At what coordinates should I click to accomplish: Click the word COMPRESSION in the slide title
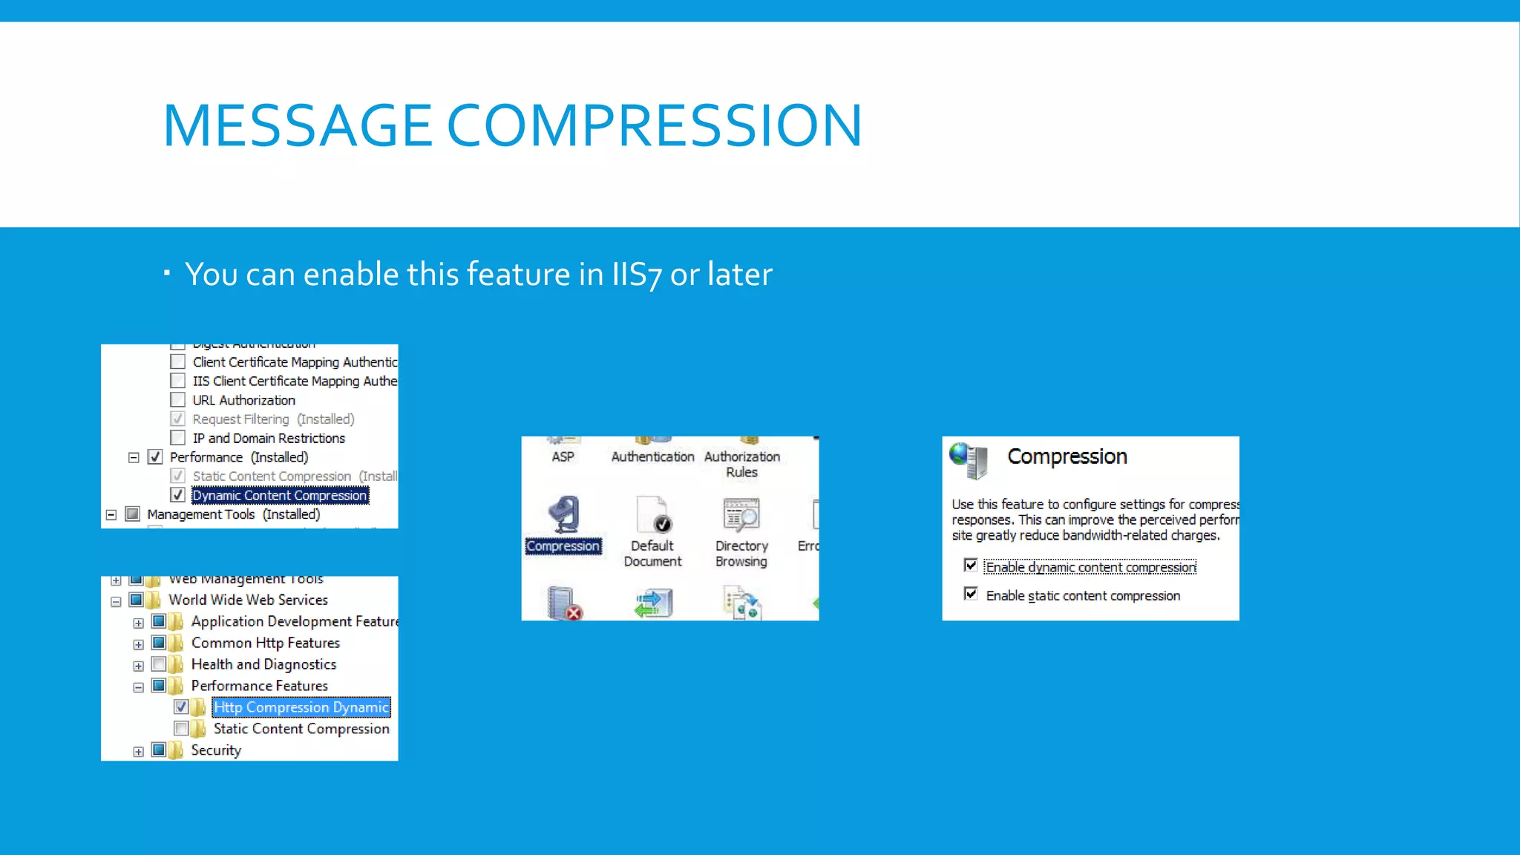[654, 125]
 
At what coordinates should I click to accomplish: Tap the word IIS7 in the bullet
[635, 275]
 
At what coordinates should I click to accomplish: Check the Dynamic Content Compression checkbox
[177, 495]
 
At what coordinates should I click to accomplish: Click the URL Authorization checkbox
[177, 400]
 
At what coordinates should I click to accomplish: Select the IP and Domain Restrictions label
[269, 439]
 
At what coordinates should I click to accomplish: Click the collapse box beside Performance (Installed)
[134, 458]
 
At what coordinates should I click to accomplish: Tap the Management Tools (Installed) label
[233, 514]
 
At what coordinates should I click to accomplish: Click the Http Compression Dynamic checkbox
[181, 707]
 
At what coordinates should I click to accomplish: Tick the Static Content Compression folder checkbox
[181, 729]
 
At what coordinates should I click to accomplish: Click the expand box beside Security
[139, 752]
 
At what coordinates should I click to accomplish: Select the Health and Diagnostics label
[263, 664]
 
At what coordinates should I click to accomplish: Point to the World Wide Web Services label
[248, 600]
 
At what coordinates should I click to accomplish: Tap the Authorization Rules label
[741, 464]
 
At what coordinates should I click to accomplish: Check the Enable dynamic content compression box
[970, 566]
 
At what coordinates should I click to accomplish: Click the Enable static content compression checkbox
[970, 594]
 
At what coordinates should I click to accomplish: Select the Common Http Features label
[265, 643]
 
